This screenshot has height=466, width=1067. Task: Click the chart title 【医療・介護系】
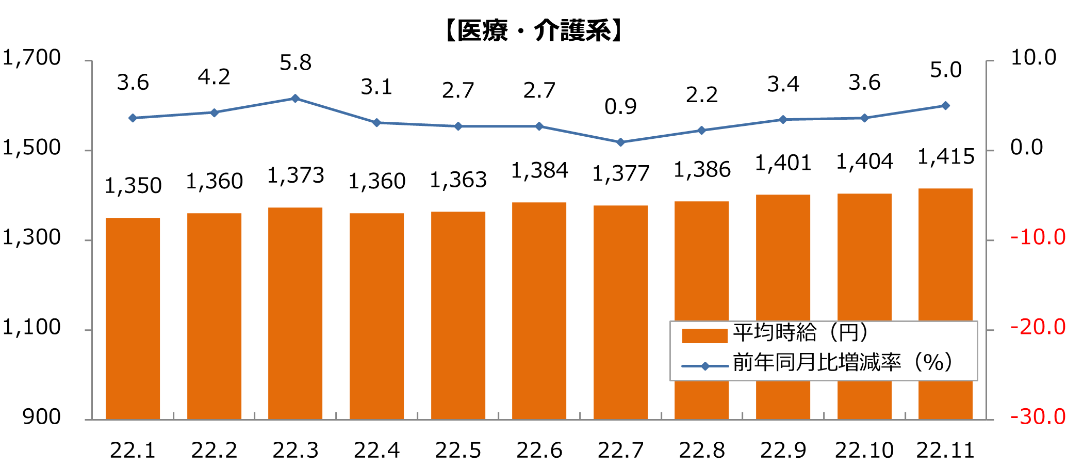(x=533, y=31)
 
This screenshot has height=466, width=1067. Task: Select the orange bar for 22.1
(x=133, y=318)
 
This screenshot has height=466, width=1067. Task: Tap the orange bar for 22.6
(x=539, y=311)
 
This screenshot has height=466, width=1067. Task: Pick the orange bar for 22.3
(x=295, y=313)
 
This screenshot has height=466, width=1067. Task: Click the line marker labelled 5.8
(x=295, y=98)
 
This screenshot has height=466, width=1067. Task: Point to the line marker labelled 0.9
(x=620, y=142)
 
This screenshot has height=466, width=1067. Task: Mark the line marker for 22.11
(x=945, y=105)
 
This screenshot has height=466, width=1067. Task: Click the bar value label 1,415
(x=946, y=156)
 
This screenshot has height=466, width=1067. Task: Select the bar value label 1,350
(x=133, y=186)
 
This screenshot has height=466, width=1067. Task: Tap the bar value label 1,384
(x=539, y=170)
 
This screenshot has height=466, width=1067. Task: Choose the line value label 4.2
(x=214, y=77)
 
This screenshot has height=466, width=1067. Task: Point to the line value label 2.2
(x=701, y=94)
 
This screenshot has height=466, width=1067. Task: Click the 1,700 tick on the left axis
(x=32, y=57)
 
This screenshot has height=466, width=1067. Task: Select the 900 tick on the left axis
(x=42, y=416)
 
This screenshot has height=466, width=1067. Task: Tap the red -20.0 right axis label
(x=1038, y=327)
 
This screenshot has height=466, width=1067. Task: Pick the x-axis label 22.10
(x=864, y=451)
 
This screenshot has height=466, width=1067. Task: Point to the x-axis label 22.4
(x=376, y=451)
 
